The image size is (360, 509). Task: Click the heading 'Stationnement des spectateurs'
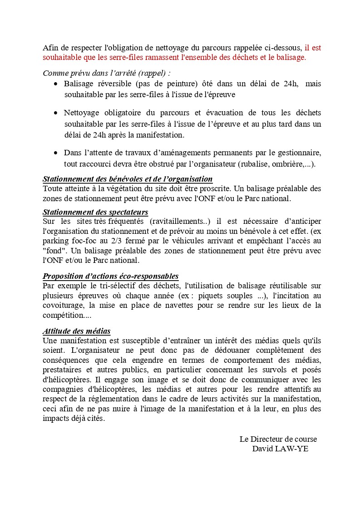[95, 212]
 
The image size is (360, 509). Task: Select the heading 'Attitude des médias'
[77, 331]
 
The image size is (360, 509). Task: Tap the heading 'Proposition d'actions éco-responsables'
[110, 276]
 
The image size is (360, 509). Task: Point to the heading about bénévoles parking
[128, 179]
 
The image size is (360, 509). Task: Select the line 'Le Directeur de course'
[278, 439]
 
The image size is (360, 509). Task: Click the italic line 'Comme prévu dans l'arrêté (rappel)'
[107, 73]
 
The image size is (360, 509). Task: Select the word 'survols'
[267, 370]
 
